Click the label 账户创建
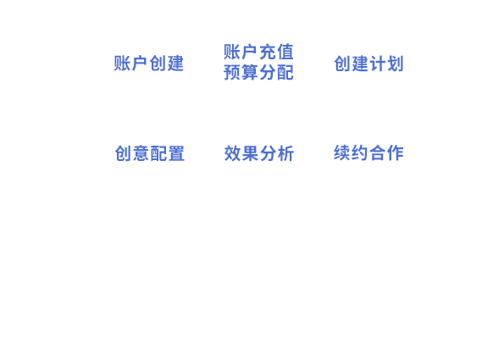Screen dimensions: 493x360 (x=149, y=64)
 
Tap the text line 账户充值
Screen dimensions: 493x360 (x=258, y=52)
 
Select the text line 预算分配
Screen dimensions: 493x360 (x=258, y=72)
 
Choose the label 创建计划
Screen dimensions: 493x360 (x=368, y=64)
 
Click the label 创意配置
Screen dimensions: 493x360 (x=150, y=153)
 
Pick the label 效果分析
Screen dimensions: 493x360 (x=259, y=153)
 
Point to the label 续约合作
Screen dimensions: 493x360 (x=368, y=152)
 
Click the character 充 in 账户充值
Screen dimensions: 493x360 (x=268, y=52)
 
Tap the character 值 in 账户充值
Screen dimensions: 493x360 (x=285, y=52)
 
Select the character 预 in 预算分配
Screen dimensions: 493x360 (x=232, y=72)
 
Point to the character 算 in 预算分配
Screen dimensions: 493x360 (x=250, y=72)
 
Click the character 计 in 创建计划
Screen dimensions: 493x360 (x=378, y=64)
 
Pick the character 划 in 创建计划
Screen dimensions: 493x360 (x=396, y=64)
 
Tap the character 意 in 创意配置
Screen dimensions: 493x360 (x=141, y=153)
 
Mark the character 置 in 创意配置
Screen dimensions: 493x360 (x=176, y=153)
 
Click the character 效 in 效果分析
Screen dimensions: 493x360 (x=232, y=153)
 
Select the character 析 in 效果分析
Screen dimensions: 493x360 (x=286, y=153)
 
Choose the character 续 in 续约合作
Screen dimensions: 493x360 (x=341, y=152)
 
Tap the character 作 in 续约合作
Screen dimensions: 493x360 (x=396, y=152)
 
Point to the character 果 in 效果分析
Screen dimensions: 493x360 (x=250, y=153)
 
